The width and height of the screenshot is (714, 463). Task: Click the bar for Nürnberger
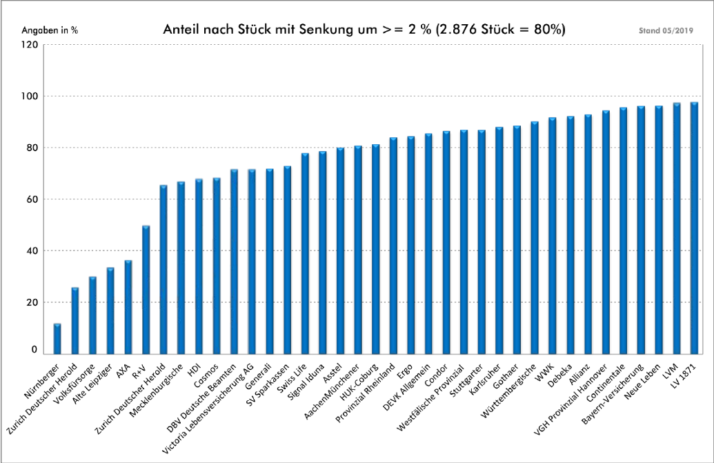[x=57, y=338]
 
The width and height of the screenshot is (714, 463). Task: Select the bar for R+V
[x=146, y=290]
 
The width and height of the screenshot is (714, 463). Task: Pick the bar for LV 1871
[x=694, y=228]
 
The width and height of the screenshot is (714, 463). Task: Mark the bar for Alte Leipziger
[x=110, y=311]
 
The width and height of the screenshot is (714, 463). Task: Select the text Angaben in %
[x=50, y=31]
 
